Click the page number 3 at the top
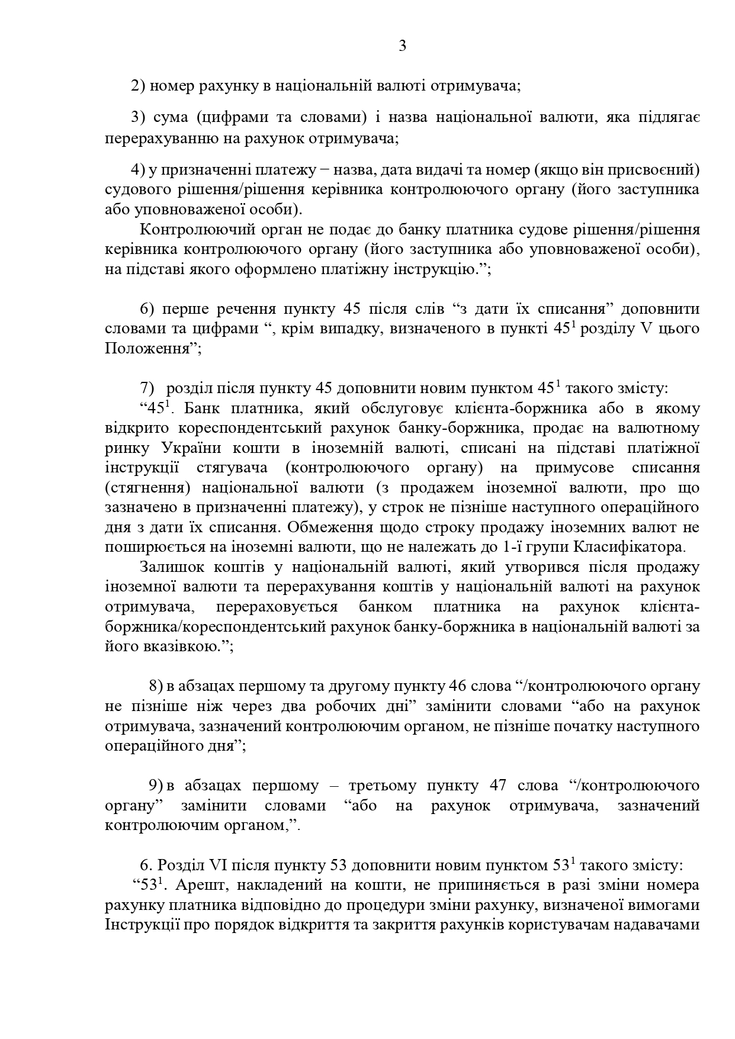402,46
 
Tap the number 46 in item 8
458,686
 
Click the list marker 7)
147,388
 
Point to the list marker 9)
155,786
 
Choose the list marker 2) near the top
138,86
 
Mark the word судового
133,189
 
